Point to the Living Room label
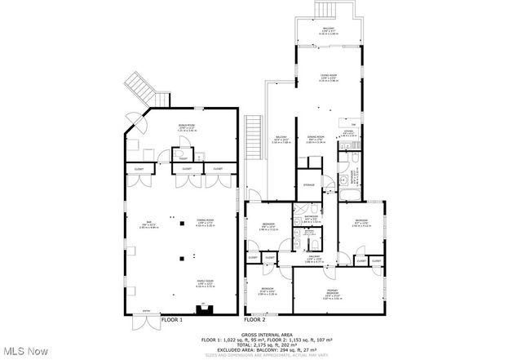330,77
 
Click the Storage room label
307,185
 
